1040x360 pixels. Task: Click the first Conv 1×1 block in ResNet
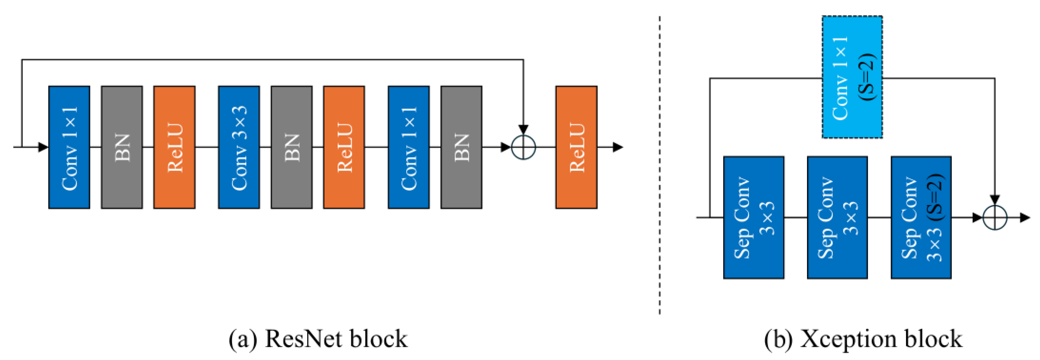pyautogui.click(x=69, y=147)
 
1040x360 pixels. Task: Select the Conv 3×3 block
pyautogui.click(x=239, y=147)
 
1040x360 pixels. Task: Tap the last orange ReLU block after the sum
pyautogui.click(x=576, y=147)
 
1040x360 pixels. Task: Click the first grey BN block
pyautogui.click(x=121, y=147)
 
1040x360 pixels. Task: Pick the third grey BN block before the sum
pyautogui.click(x=461, y=147)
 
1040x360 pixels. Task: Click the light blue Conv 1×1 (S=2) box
pyautogui.click(x=852, y=77)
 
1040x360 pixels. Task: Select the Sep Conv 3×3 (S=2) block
pyautogui.click(x=921, y=217)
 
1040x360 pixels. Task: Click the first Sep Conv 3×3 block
pyautogui.click(x=753, y=217)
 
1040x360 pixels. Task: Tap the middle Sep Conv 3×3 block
pyautogui.click(x=837, y=217)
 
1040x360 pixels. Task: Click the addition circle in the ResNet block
pyautogui.click(x=523, y=147)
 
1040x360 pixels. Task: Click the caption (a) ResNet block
pyautogui.click(x=318, y=339)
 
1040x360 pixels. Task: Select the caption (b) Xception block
pyautogui.click(x=863, y=339)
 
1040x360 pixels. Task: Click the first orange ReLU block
pyautogui.click(x=174, y=147)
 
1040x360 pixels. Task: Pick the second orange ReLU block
pyautogui.click(x=344, y=147)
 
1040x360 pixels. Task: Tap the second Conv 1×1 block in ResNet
pyautogui.click(x=409, y=147)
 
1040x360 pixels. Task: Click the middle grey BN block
pyautogui.click(x=291, y=147)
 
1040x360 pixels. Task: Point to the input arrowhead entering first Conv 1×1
pyautogui.click(x=43, y=147)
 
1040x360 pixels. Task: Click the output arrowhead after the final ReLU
pyautogui.click(x=618, y=147)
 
